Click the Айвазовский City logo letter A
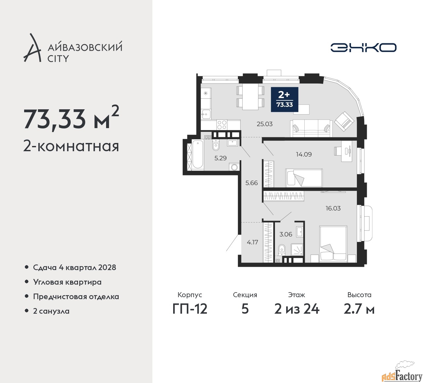click(32, 48)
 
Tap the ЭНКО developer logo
click(363, 48)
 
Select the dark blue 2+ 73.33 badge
click(285, 99)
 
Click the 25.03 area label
click(265, 124)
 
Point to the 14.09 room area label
click(304, 154)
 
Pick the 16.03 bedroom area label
click(333, 208)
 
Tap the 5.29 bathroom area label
click(220, 158)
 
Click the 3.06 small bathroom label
click(286, 234)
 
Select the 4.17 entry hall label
click(252, 242)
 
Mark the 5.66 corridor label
click(251, 183)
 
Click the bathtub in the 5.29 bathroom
click(198, 155)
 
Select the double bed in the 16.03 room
click(333, 244)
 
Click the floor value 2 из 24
click(297, 309)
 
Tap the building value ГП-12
click(190, 309)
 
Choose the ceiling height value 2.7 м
click(359, 309)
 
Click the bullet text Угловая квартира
click(67, 282)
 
